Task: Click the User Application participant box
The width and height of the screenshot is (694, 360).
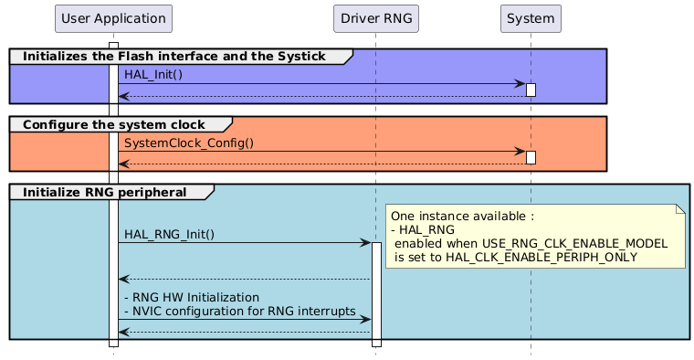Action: [113, 18]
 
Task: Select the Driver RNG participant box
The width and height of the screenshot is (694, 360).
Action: [375, 18]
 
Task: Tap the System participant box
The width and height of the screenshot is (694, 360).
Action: [531, 18]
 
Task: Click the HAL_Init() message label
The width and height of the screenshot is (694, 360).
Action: [153, 74]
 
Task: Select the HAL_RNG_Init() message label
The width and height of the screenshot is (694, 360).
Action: [169, 234]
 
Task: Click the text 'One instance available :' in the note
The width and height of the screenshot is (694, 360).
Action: [462, 217]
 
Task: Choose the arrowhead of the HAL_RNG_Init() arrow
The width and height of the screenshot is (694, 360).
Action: [365, 243]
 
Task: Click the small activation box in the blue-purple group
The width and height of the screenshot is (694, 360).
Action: [531, 90]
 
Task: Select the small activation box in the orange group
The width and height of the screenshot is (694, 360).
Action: [531, 157]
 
